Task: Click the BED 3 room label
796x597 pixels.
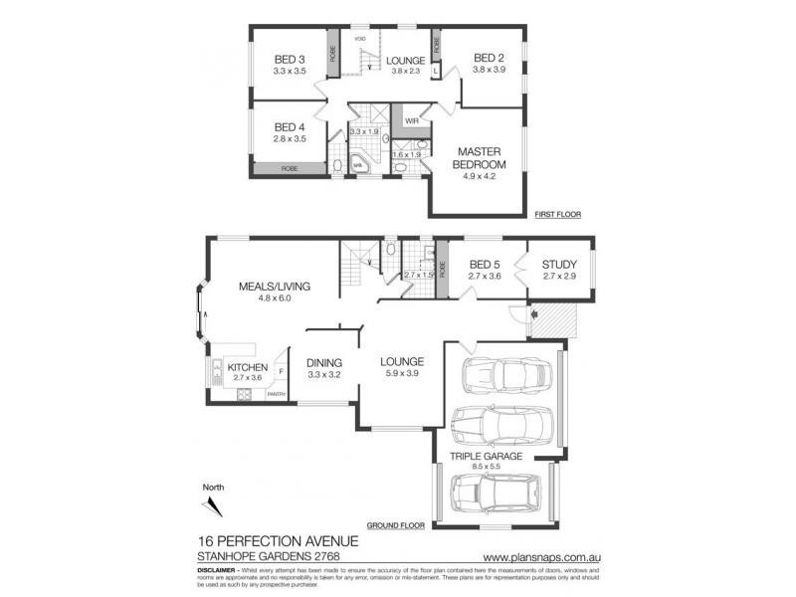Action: click(289, 59)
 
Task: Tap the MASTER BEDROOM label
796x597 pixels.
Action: click(480, 157)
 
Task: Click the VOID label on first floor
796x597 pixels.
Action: click(361, 39)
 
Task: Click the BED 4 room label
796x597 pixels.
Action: click(289, 127)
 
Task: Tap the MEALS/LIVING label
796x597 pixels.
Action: click(275, 287)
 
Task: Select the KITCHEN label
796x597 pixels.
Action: click(247, 366)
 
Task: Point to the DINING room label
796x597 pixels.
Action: click(324, 362)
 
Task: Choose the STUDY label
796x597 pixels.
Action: click(559, 265)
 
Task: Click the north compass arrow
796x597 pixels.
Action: click(211, 506)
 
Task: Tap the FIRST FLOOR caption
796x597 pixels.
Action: click(557, 214)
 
